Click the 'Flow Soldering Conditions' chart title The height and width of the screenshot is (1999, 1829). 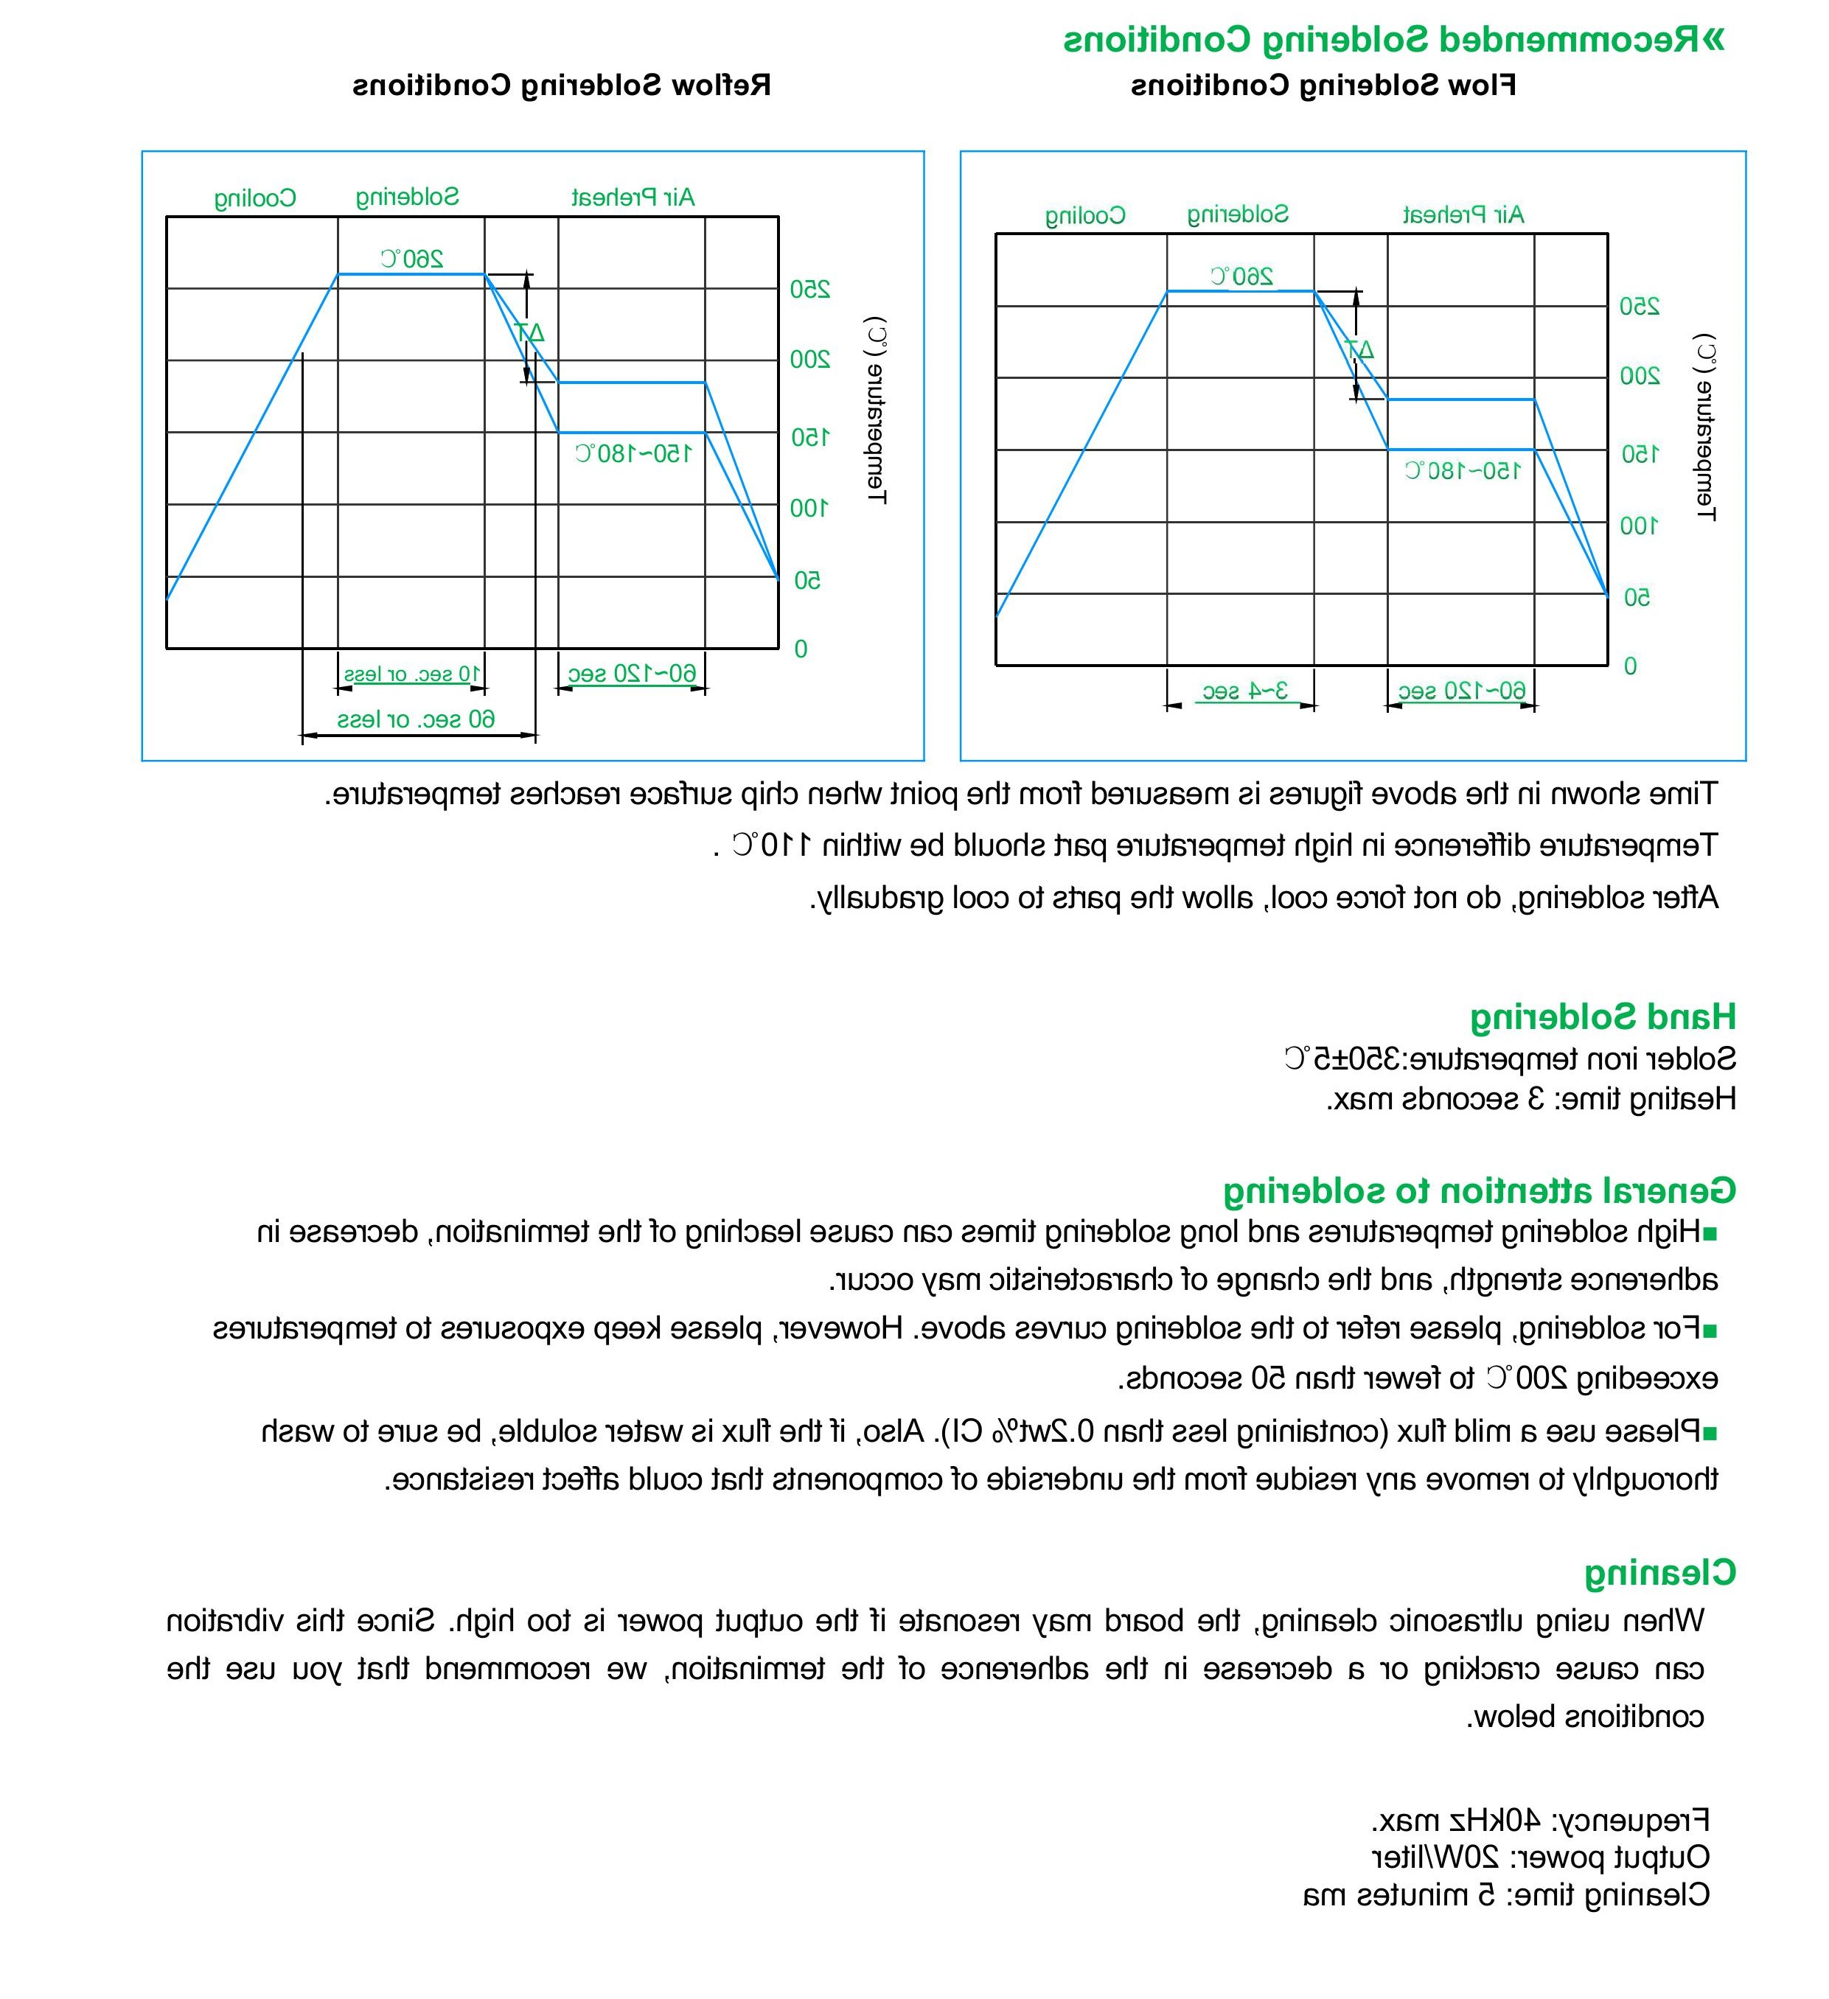(1323, 86)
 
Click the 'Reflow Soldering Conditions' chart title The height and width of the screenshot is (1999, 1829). (562, 86)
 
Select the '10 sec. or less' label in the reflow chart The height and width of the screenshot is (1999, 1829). (411, 675)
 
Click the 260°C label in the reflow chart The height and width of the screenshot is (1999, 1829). (411, 259)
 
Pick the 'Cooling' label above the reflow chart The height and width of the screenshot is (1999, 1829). (255, 198)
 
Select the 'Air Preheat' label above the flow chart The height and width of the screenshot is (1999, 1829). (1463, 214)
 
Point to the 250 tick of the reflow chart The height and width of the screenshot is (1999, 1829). (809, 290)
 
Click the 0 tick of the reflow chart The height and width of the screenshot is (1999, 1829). (801, 649)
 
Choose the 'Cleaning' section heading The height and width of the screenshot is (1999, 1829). (1659, 1573)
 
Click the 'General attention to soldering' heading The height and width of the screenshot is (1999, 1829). (1479, 1190)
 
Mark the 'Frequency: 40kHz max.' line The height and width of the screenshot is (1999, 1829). (1540, 1821)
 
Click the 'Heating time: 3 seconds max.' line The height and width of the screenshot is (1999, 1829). (1531, 1099)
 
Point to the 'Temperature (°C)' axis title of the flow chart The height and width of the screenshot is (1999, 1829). (1705, 428)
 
